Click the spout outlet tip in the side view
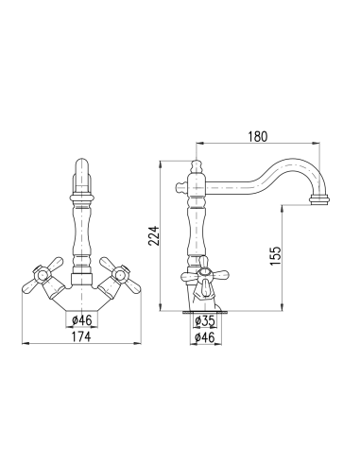321,200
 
